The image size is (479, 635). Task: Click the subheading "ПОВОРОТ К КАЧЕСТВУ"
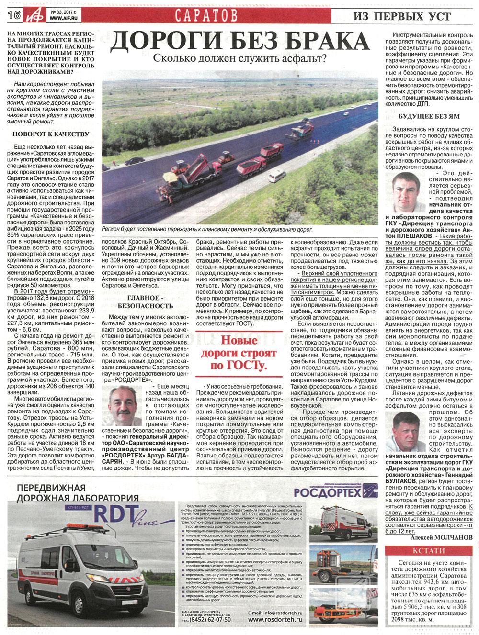pos(50,134)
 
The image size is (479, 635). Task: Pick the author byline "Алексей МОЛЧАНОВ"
pos(441,537)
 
